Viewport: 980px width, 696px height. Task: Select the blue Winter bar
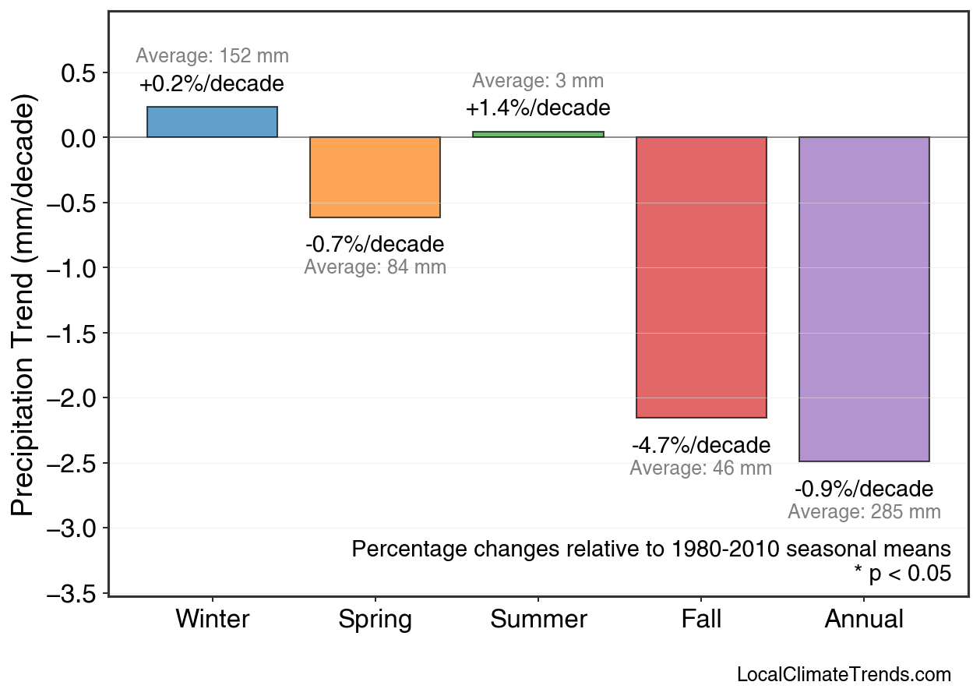click(212, 122)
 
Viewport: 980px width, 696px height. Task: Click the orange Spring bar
click(375, 177)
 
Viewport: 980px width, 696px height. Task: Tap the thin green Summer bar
click(538, 134)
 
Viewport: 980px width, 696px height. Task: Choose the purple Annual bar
click(864, 299)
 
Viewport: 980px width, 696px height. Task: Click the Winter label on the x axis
click(212, 620)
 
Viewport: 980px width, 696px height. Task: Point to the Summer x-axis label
click(538, 620)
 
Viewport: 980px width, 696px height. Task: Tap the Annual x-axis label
click(864, 620)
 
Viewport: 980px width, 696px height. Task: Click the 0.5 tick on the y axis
click(77, 73)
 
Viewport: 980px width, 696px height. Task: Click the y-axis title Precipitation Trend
click(25, 306)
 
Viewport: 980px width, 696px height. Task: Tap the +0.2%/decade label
click(212, 84)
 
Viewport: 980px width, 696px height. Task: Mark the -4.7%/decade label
click(701, 446)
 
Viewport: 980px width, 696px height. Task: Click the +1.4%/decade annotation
click(538, 108)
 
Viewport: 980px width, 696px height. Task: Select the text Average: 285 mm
click(864, 512)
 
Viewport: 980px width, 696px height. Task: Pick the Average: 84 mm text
click(375, 267)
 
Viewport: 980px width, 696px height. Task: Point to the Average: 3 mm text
click(538, 81)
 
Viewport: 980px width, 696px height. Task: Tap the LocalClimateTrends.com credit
click(844, 675)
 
